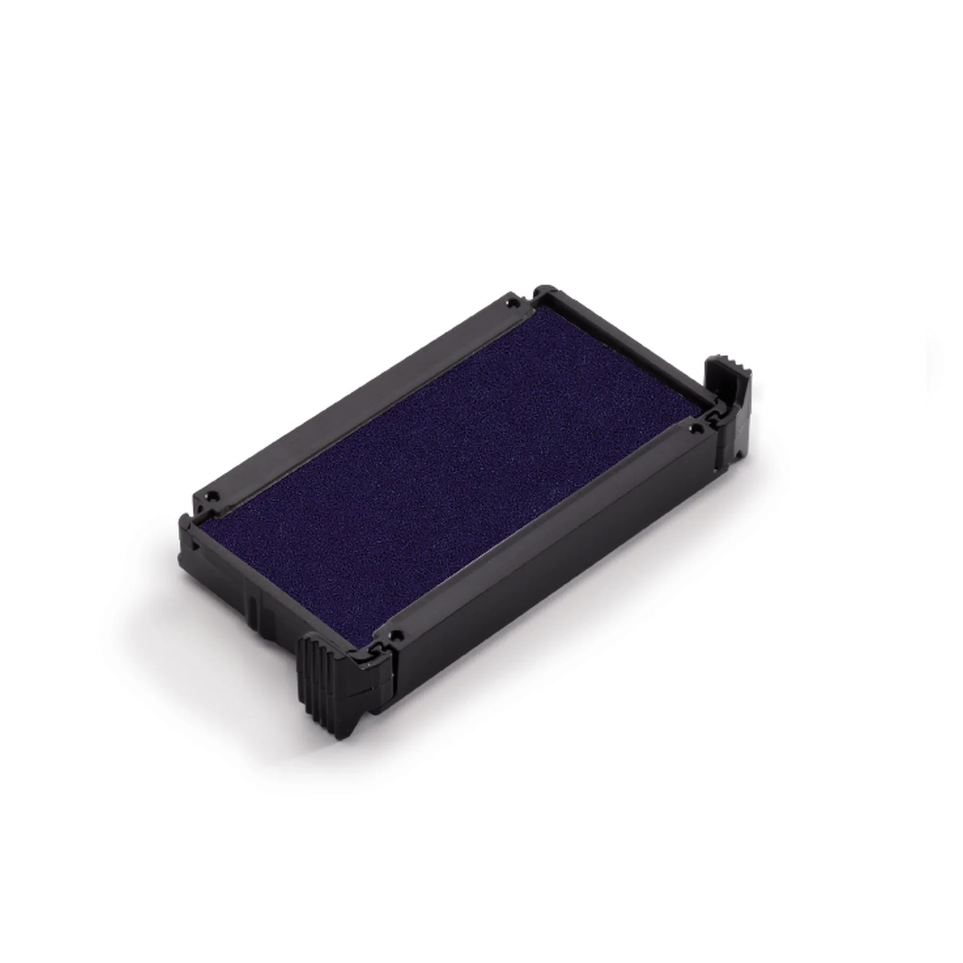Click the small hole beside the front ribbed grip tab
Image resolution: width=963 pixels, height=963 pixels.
coord(396,636)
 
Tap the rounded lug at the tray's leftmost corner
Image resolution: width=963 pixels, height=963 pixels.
coord(185,523)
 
